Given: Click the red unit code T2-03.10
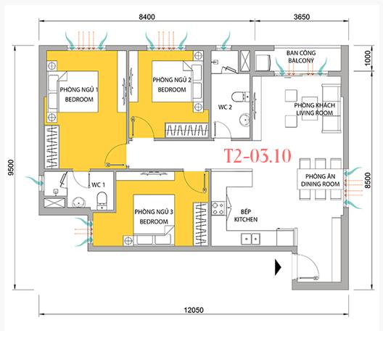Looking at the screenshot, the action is point(258,155).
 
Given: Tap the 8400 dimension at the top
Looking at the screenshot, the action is point(147,17).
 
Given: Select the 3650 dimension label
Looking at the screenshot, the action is point(302,17).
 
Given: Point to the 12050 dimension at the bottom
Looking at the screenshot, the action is point(194,310).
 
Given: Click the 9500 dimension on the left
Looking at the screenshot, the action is point(11,168).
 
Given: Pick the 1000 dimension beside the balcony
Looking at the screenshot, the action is point(367,58).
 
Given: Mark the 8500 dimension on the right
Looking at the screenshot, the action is point(367,181).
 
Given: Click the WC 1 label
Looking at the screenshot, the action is point(98,185).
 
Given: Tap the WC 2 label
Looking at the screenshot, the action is point(225,107).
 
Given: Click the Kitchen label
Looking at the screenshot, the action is point(246,219).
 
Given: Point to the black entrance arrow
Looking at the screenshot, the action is point(278,267).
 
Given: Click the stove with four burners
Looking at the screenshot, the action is point(218,208).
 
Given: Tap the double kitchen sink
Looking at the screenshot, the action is point(250,239).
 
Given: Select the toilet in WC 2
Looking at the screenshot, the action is point(240,97).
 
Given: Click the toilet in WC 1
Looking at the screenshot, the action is point(102,200).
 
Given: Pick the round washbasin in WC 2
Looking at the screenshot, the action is point(244,120).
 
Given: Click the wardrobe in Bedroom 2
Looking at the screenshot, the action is point(187,130).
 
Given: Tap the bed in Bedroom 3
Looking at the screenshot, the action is point(154,220).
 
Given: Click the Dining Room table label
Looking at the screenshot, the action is point(320,180).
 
